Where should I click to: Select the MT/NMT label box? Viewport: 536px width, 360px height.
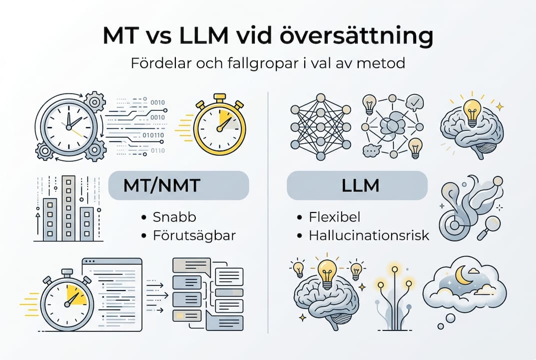[x=178, y=186]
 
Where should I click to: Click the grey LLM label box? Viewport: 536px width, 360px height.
[x=357, y=186]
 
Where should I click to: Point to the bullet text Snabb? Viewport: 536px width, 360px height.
[x=174, y=217]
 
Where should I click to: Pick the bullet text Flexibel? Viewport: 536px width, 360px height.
[x=334, y=217]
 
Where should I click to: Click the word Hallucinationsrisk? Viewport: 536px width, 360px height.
[x=369, y=235]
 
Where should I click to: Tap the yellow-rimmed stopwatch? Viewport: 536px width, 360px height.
[x=219, y=124]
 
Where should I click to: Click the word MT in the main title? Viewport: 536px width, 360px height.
[x=119, y=37]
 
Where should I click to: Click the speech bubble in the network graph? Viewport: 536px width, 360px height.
[x=372, y=149]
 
